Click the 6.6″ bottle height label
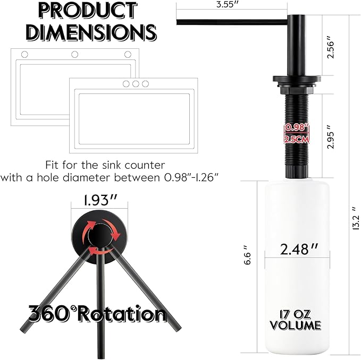coord(247,255)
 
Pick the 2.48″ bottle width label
coord(299,249)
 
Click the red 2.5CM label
coord(297,140)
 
